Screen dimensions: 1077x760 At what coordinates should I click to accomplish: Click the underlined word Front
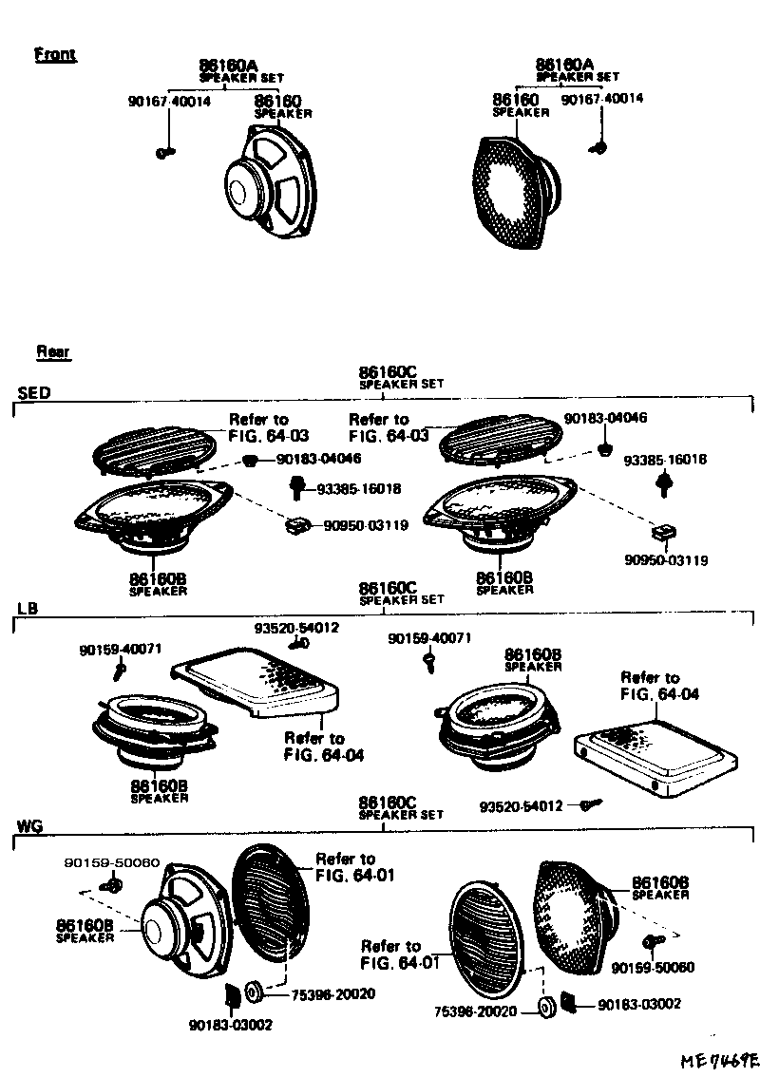(x=54, y=54)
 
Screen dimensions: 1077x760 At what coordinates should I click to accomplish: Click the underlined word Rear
(x=53, y=352)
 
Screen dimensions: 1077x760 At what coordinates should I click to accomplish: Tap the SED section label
(x=33, y=392)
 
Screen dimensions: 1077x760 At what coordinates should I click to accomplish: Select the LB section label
(x=28, y=608)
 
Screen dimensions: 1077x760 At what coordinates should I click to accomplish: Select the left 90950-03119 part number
(x=366, y=524)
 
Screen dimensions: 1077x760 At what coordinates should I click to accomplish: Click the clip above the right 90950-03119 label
(x=663, y=532)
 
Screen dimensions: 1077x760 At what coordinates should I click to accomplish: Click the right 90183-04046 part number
(x=605, y=418)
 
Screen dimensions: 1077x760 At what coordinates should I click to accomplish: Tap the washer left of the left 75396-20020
(x=254, y=993)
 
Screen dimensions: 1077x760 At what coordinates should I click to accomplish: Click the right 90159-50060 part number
(x=653, y=968)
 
